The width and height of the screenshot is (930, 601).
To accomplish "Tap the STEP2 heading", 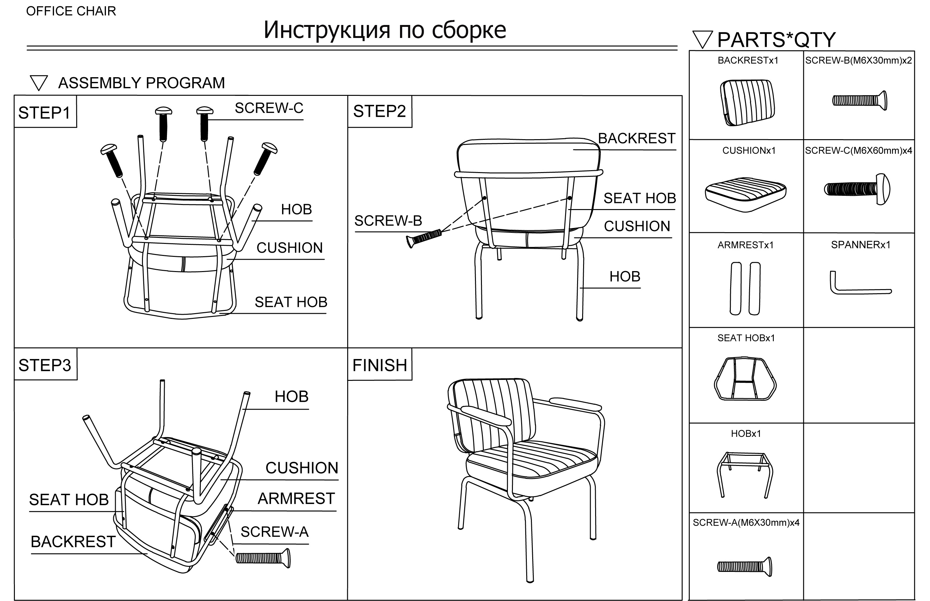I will click(379, 111).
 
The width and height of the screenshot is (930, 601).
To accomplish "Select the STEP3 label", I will click(45, 365).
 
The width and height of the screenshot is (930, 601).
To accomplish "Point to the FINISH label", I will click(379, 365).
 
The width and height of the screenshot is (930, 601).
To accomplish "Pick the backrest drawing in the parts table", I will click(747, 102).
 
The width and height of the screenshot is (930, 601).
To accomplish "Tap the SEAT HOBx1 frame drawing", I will click(745, 379).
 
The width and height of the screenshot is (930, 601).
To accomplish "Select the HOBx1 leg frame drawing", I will click(745, 474).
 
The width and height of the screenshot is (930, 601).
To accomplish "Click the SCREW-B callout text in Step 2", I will click(388, 221).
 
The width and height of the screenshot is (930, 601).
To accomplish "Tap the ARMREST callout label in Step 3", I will click(296, 499).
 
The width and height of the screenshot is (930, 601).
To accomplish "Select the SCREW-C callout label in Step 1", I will click(269, 108).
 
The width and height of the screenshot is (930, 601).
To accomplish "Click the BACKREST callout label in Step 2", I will click(637, 139).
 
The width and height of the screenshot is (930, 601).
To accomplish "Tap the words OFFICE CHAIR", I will click(71, 11).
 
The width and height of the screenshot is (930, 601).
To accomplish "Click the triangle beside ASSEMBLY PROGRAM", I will click(39, 82).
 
